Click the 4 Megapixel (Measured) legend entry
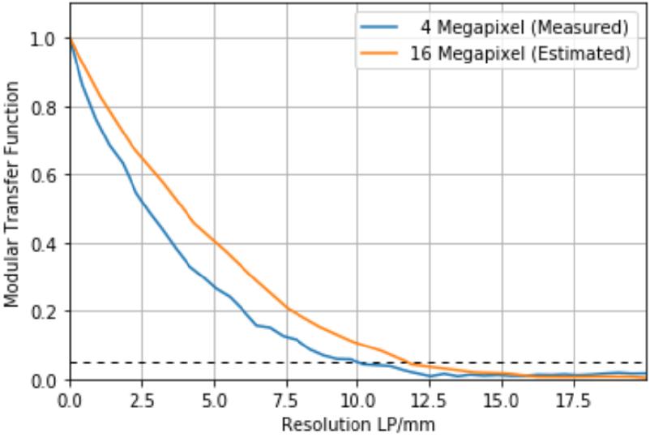click(x=524, y=28)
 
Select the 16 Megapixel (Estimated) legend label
click(x=524, y=54)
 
